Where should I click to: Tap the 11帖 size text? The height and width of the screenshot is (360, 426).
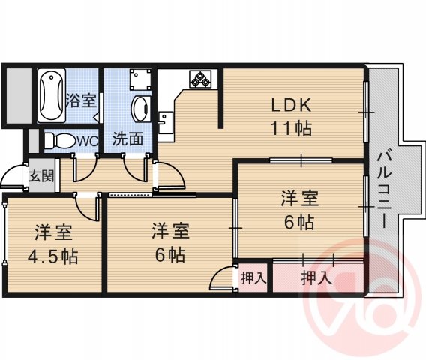click(291, 127)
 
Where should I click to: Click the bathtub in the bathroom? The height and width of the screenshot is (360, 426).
click(51, 96)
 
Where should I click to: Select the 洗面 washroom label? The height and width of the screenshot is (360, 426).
click(127, 139)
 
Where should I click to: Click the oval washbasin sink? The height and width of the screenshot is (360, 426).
click(140, 109)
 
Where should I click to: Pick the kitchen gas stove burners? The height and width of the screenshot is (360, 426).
click(202, 78)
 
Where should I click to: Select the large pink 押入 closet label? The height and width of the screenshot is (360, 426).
click(316, 277)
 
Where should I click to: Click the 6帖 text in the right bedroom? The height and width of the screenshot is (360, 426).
click(299, 222)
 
